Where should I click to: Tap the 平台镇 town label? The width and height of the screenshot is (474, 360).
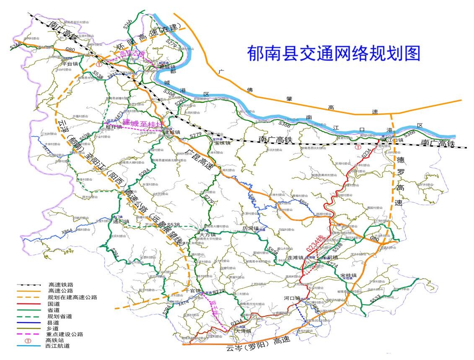click(70, 64)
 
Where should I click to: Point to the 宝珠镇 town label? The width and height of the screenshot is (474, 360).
click(222, 143)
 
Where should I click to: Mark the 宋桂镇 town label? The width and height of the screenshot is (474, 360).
click(348, 275)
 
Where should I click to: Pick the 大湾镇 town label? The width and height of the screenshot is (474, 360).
click(244, 331)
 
